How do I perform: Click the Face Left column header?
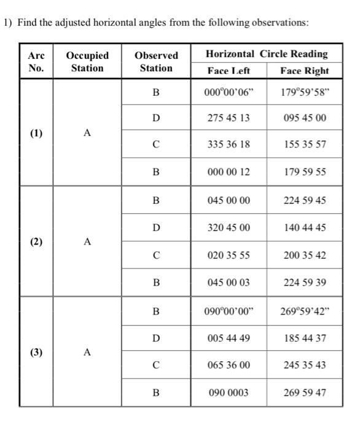point(229,71)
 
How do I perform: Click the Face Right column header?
point(305,71)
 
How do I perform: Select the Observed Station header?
point(156,61)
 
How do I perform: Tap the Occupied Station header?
point(87,61)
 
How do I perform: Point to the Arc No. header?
point(36,61)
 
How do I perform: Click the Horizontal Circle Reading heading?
point(267,54)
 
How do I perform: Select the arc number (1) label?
point(36,132)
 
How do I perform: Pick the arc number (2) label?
point(36,241)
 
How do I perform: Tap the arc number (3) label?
point(36,352)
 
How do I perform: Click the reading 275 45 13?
point(229,118)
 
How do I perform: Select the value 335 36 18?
point(229,145)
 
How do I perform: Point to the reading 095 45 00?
point(305,118)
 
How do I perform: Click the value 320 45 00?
point(229,228)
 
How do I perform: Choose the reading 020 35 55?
point(229,255)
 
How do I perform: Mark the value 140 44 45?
point(305,228)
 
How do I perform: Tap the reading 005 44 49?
point(229,338)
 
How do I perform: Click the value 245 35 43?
point(305,365)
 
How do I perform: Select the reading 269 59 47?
point(305,392)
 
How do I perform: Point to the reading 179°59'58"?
point(305,93)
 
